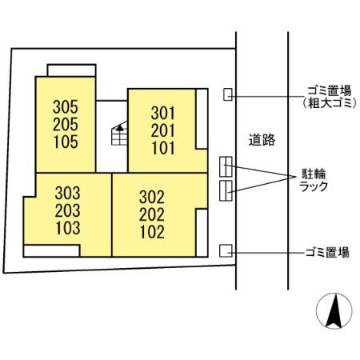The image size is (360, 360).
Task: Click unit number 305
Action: click(x=66, y=106)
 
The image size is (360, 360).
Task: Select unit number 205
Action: click(x=66, y=124)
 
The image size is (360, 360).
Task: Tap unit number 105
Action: click(x=66, y=142)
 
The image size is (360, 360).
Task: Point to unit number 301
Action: click(x=162, y=112)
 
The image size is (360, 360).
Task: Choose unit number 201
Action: click(x=162, y=130)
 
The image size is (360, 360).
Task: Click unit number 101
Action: click(x=162, y=149)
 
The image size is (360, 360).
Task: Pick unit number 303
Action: click(x=68, y=193)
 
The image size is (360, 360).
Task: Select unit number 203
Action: click(x=68, y=211)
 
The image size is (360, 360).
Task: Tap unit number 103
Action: click(x=68, y=230)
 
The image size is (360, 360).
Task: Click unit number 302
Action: click(x=151, y=197)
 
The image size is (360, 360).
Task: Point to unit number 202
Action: click(x=151, y=215)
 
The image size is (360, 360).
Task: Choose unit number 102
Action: click(x=151, y=234)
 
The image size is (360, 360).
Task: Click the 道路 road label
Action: click(x=262, y=140)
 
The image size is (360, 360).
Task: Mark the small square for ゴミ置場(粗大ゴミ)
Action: click(x=228, y=94)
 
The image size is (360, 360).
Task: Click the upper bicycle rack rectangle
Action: click(x=226, y=166)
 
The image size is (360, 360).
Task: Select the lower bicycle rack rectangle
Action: click(x=226, y=190)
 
